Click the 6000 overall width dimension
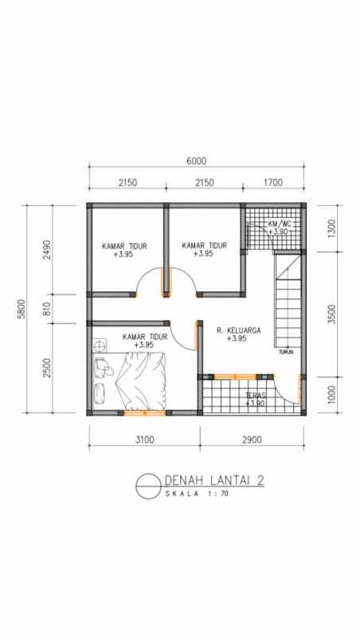[x=196, y=160]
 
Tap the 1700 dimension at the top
[x=272, y=182]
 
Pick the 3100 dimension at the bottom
[x=144, y=439]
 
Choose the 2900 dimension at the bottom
[x=251, y=439]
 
